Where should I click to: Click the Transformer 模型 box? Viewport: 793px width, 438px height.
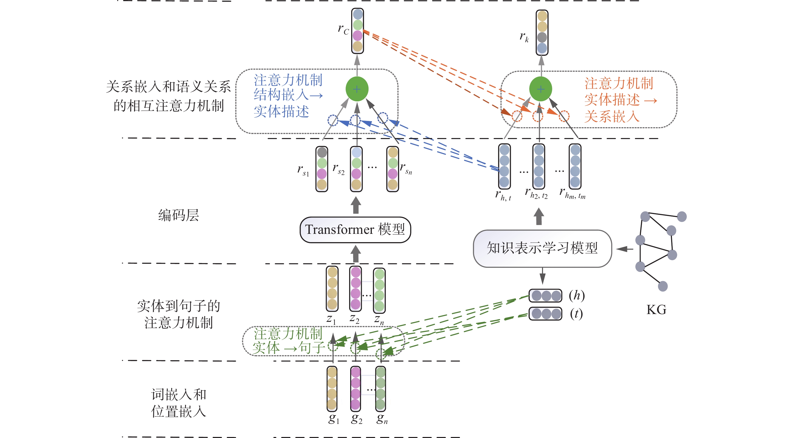355,230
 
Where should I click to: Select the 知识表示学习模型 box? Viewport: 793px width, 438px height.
542,248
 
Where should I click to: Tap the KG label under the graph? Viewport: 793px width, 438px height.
656,310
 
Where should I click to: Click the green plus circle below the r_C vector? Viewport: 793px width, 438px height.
357,89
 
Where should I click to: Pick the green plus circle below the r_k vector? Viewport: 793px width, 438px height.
540,89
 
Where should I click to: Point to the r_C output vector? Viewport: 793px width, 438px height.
357,31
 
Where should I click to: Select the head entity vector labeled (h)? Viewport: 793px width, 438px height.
545,296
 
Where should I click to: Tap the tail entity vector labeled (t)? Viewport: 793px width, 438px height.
545,314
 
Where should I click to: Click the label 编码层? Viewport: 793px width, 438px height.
178,215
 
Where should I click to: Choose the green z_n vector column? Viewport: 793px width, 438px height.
379,290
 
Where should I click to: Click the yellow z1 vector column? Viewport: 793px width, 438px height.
332,288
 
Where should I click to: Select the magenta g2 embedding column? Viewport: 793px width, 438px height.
355,388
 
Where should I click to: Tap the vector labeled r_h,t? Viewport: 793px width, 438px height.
504,166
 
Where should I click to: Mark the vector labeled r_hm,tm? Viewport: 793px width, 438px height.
575,166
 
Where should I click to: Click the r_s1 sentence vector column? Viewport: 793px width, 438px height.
322,169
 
